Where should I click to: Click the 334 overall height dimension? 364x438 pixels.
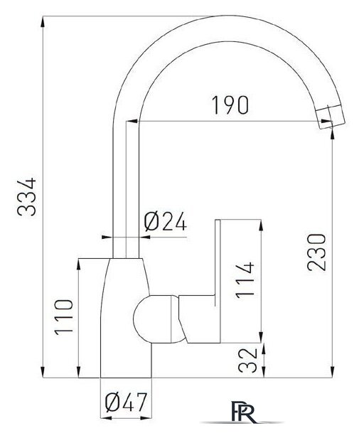(x=27, y=197)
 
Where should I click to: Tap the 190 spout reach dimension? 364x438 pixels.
(x=230, y=105)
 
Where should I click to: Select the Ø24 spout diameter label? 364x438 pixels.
(x=166, y=221)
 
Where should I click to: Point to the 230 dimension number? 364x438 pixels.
(x=316, y=252)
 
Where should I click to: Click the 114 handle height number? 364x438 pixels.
(x=245, y=280)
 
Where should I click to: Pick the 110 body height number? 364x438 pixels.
(x=64, y=317)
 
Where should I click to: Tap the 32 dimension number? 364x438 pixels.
(x=247, y=360)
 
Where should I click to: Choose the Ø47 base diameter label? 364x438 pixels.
(x=126, y=402)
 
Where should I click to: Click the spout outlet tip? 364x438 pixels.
(x=331, y=117)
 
